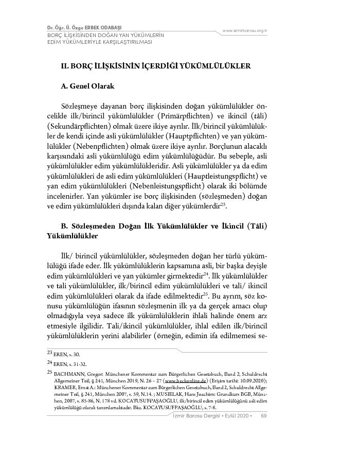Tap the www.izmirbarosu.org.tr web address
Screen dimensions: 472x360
point(244,31)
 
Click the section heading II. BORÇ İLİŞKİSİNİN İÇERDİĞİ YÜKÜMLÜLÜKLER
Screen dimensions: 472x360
point(155,66)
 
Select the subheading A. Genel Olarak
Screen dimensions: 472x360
point(87,86)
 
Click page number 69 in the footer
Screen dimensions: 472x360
point(263,416)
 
